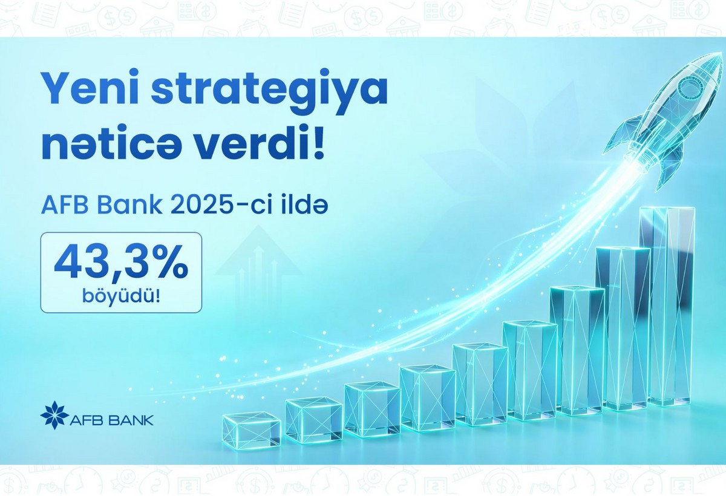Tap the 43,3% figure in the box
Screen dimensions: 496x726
tap(121, 263)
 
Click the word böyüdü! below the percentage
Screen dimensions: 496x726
tap(121, 296)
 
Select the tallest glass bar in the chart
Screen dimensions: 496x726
tap(671, 305)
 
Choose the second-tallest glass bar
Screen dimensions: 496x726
tap(623, 330)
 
